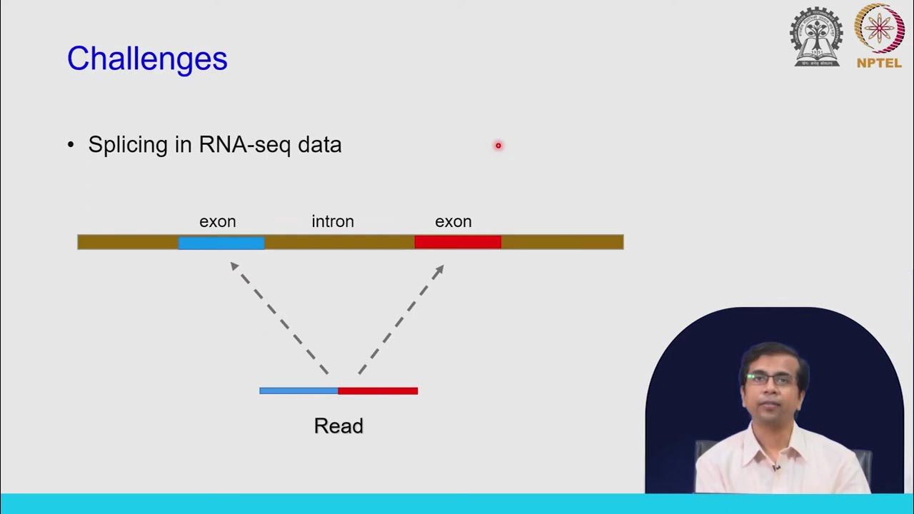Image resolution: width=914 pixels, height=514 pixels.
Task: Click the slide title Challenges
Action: pyautogui.click(x=147, y=59)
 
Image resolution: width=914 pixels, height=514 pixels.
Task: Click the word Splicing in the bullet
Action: pyautogui.click(x=127, y=145)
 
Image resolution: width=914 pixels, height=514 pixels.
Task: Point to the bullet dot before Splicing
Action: pyautogui.click(x=71, y=145)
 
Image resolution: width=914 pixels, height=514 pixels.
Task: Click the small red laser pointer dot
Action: pyautogui.click(x=498, y=146)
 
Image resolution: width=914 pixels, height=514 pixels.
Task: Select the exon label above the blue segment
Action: pyautogui.click(x=218, y=222)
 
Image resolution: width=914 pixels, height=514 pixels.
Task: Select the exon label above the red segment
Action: pyautogui.click(x=453, y=222)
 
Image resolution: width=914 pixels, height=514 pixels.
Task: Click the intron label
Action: pyautogui.click(x=333, y=222)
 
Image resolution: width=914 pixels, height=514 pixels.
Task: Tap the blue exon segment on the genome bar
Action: pyautogui.click(x=221, y=243)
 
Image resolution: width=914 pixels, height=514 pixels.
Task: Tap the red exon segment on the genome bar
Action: pyautogui.click(x=458, y=243)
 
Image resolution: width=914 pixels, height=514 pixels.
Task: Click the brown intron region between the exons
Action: pyautogui.click(x=339, y=243)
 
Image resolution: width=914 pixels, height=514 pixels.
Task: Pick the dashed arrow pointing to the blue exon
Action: pyautogui.click(x=278, y=318)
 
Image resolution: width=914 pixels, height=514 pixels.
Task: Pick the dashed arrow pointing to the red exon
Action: pyautogui.click(x=401, y=318)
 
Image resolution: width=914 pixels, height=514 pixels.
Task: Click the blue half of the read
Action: pyautogui.click(x=298, y=390)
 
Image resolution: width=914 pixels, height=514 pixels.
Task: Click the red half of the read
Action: pyautogui.click(x=378, y=390)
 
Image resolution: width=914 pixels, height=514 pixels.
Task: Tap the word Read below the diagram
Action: pyautogui.click(x=338, y=426)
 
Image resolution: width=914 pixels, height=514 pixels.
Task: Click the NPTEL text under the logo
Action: pyautogui.click(x=879, y=63)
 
